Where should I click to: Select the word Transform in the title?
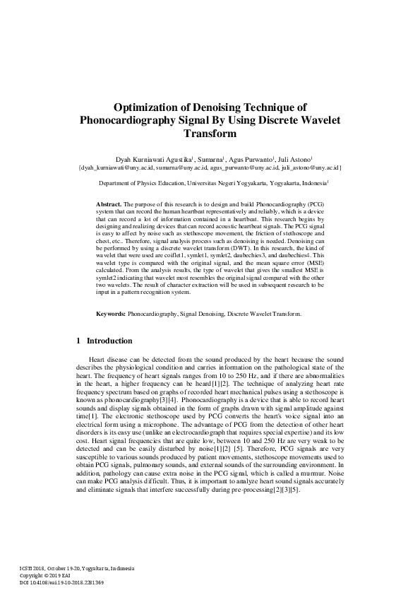click(209, 133)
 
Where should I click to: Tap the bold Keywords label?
click(111, 313)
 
